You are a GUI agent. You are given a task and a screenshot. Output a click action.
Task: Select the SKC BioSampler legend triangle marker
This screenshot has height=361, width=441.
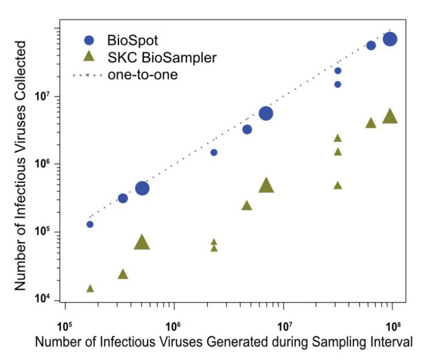pyautogui.click(x=89, y=57)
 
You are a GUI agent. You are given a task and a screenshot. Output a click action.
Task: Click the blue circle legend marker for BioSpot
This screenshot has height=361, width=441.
pyautogui.click(x=89, y=40)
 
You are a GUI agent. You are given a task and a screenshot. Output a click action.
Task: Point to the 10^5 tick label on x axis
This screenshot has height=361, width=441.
pyautogui.click(x=65, y=325)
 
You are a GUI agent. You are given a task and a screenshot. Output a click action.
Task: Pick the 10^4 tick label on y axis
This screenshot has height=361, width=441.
pyautogui.click(x=43, y=300)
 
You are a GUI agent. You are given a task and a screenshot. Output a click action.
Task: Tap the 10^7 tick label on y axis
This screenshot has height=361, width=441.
pyautogui.click(x=43, y=97)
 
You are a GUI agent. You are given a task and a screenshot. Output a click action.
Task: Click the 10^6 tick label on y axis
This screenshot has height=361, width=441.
pyautogui.click(x=43, y=164)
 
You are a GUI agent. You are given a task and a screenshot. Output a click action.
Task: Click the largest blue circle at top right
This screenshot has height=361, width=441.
pyautogui.click(x=390, y=39)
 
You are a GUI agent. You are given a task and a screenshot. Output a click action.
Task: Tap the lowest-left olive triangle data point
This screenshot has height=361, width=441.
pyautogui.click(x=90, y=288)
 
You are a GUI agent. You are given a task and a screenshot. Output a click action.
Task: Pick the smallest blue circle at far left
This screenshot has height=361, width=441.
pyautogui.click(x=90, y=224)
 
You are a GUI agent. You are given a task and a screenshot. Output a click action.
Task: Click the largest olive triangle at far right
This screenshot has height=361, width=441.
pyautogui.click(x=390, y=116)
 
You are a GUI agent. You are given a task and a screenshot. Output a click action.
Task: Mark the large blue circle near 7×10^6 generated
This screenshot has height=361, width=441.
pyautogui.click(x=265, y=113)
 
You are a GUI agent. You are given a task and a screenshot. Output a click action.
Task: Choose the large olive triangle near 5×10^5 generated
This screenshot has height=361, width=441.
pyautogui.click(x=142, y=243)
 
